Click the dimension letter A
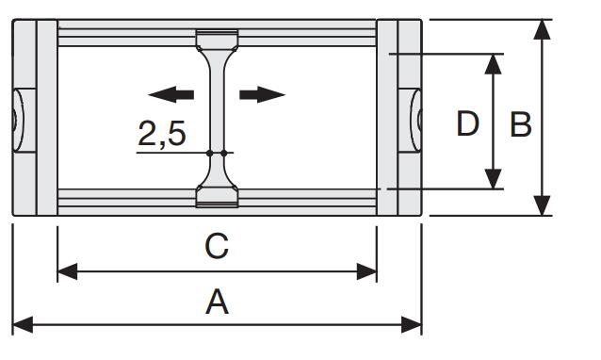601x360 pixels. point(217,303)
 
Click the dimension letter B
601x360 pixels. point(521,124)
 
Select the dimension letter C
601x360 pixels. point(217,245)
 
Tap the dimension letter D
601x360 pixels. point(467,123)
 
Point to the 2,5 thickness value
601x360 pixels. point(162,134)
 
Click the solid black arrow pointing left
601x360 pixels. point(171,94)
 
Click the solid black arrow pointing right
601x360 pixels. point(263,94)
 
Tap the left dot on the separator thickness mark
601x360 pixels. point(210,154)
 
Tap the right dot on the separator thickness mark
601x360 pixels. point(224,154)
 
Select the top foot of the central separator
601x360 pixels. point(217,40)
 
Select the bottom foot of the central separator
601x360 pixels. point(217,197)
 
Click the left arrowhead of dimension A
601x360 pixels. point(23,325)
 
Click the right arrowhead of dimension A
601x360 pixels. point(412,325)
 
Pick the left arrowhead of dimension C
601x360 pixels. point(68,271)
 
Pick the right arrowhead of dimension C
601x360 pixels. point(366,271)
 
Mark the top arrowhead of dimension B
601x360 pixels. point(542,29)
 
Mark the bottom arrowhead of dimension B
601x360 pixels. point(542,205)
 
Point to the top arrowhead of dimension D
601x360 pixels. point(493,64)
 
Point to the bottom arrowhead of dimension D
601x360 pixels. point(493,179)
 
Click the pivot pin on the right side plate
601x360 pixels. point(415,120)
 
